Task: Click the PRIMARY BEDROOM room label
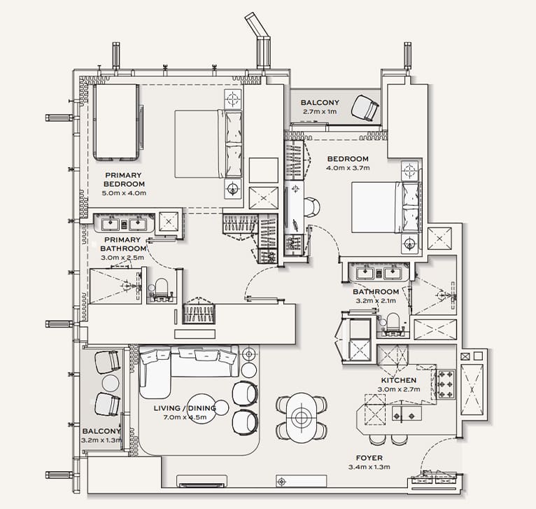click(123, 179)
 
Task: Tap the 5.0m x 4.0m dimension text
click(123, 193)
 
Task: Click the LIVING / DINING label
click(185, 408)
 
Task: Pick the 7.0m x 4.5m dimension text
click(185, 417)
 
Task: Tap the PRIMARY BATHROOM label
click(123, 243)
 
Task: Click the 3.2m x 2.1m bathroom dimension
click(376, 301)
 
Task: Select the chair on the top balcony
click(364, 107)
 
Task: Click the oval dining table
click(301, 417)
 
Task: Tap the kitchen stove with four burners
click(444, 383)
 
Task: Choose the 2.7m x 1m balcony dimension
click(320, 111)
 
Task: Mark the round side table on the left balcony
click(111, 383)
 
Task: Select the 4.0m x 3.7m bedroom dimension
click(348, 168)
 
